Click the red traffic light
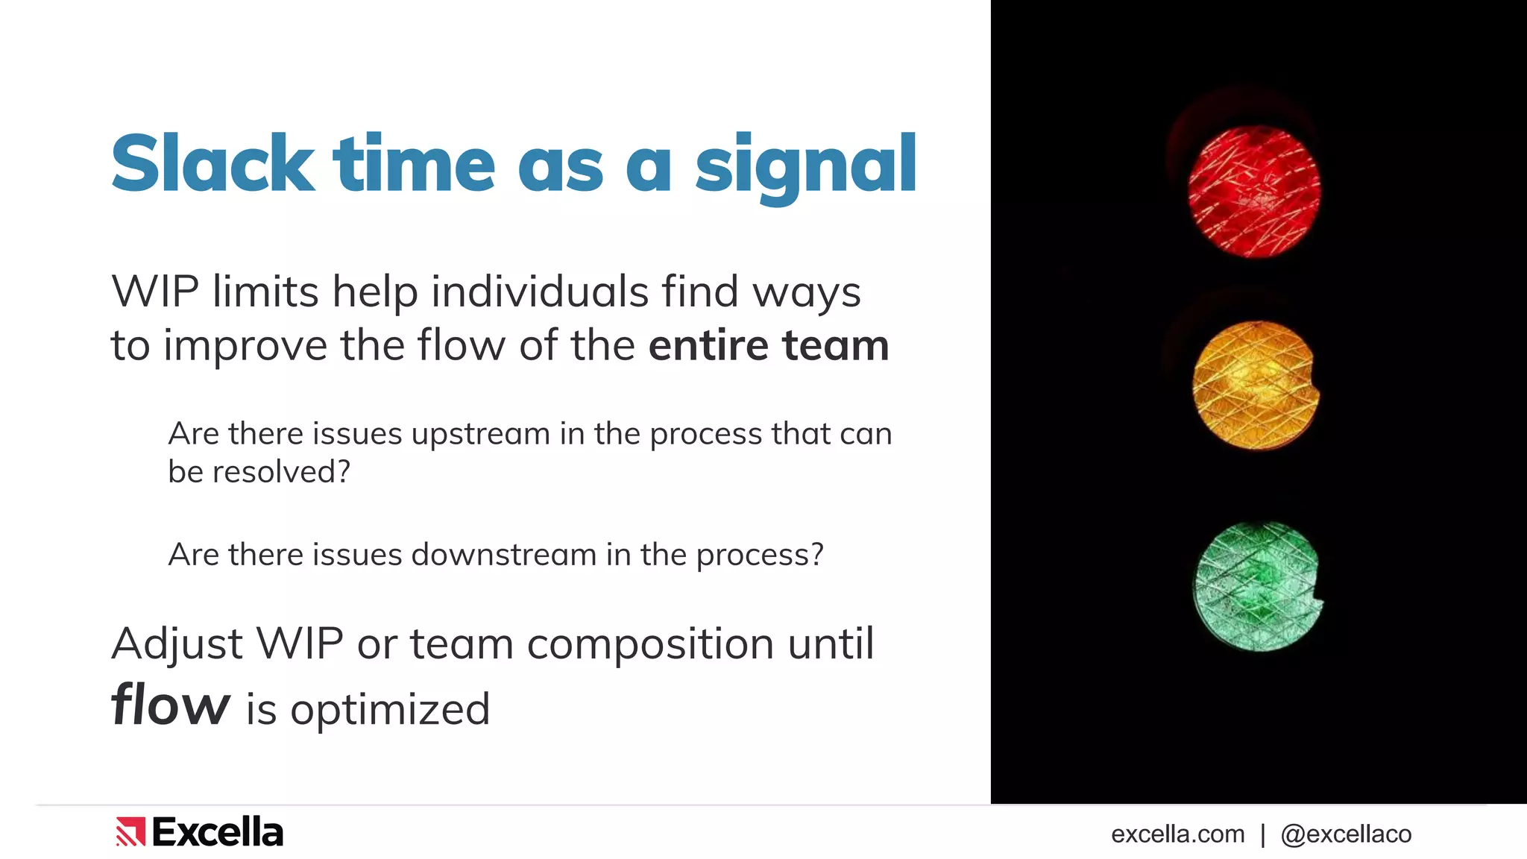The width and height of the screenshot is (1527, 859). (1254, 192)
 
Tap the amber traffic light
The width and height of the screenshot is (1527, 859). (1256, 386)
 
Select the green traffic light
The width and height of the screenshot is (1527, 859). (1257, 587)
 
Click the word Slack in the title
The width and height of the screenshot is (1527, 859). (212, 164)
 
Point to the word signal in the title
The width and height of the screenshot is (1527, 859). (805, 166)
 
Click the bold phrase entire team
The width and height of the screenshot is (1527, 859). (769, 345)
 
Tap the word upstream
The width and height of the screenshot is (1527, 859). (480, 435)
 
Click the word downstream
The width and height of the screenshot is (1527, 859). (504, 555)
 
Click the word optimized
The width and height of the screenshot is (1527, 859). (390, 709)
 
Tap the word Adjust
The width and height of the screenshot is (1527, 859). (177, 644)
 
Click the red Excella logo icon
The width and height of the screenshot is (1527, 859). (130, 832)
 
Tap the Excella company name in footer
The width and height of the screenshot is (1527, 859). (218, 832)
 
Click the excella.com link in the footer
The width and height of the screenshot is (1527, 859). (1177, 834)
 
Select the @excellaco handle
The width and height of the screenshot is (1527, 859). (1346, 834)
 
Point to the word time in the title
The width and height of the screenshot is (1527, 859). (414, 164)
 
